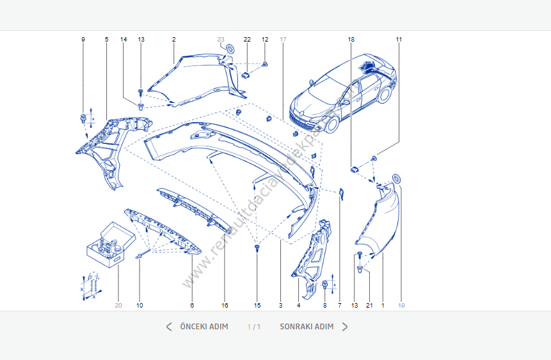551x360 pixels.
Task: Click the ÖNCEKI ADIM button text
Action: pos(204,327)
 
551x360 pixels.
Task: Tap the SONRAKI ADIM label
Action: pos(307,327)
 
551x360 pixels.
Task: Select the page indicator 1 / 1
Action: pos(254,327)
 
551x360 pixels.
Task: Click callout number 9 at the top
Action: pos(83,40)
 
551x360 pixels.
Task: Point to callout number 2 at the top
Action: pos(173,40)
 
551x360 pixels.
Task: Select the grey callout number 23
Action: pos(221,40)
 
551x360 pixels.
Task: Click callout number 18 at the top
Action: pos(351,40)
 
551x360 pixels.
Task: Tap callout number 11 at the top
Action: pos(399,40)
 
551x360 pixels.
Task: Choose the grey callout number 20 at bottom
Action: pos(118,306)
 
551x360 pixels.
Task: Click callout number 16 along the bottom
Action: pos(225,306)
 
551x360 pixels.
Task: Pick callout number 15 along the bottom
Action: pos(257,306)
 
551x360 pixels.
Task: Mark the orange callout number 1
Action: pos(383,306)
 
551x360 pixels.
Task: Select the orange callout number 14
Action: pos(124,40)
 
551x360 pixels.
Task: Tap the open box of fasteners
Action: pos(110,244)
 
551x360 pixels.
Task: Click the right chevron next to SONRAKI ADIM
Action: pos(345,327)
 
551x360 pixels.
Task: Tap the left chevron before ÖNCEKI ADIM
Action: pos(169,327)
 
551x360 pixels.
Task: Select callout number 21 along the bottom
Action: pos(369,306)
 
